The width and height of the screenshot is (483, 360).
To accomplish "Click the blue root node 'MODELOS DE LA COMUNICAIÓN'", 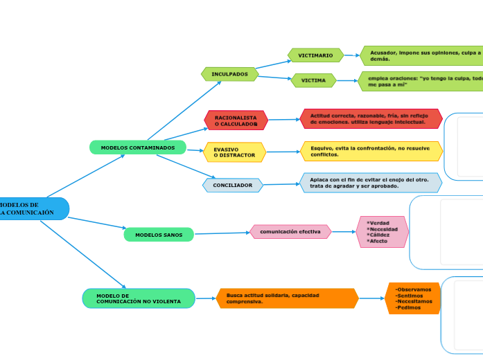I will click(31, 208).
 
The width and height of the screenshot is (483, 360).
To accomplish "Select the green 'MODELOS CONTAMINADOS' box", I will click(138, 147).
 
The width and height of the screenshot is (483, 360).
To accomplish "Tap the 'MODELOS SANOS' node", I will click(159, 235).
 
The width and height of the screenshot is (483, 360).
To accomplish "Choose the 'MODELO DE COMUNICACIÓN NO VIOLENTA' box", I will click(139, 298).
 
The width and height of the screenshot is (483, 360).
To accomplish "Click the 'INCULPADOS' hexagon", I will click(229, 73).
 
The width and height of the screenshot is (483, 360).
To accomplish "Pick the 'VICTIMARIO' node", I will click(315, 55).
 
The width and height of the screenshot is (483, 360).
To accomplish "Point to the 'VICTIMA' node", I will click(313, 80).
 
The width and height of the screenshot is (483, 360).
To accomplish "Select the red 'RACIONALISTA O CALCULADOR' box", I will click(236, 120).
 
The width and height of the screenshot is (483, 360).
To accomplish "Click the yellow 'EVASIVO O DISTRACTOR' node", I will click(234, 152).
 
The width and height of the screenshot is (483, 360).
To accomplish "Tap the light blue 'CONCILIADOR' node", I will click(233, 185).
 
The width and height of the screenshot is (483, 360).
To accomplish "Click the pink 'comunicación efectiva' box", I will click(290, 231).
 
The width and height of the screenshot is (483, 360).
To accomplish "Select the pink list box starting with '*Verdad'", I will click(382, 232).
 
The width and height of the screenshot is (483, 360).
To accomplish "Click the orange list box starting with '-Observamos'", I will click(413, 298).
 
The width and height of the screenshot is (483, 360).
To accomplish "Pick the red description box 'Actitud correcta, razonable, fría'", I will click(371, 118).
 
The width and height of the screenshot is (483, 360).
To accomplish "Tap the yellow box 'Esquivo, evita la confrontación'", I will click(371, 151).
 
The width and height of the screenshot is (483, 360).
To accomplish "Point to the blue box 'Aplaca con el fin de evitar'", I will click(371, 183).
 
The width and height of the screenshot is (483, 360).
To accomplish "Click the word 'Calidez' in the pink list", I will click(379, 235).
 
